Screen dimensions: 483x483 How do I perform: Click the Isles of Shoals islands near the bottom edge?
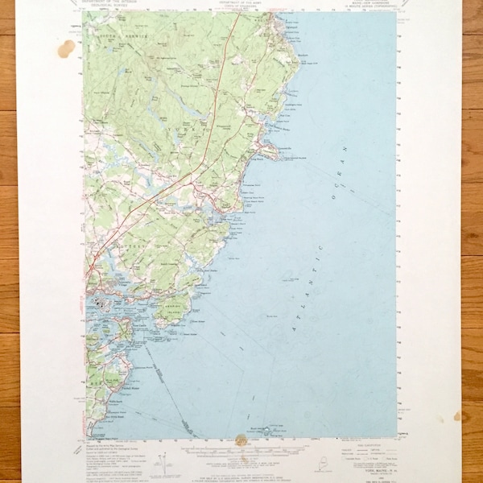click(x=270, y=430)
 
